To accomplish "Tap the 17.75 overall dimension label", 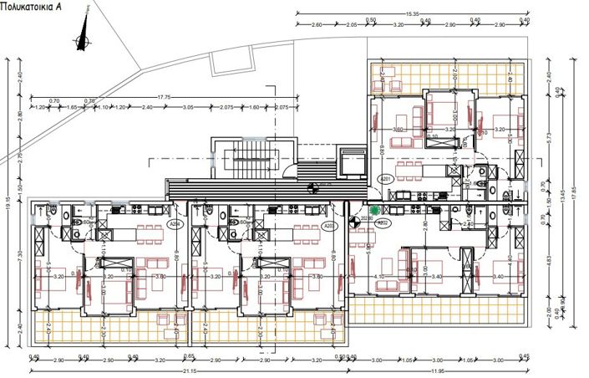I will [x=164, y=97].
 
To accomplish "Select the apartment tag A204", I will [x=175, y=224].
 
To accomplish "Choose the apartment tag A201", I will [x=385, y=179].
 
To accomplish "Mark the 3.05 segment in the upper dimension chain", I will [x=188, y=108].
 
